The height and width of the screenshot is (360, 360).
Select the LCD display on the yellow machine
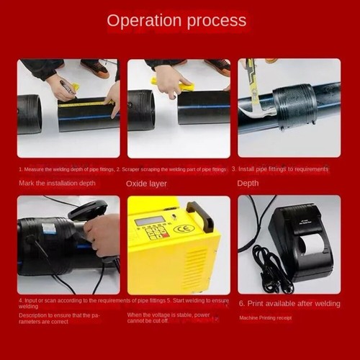click(149, 220)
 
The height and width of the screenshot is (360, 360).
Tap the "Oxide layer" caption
click(146, 184)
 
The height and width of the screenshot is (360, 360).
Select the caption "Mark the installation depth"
click(57, 183)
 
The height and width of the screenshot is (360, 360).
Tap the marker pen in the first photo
click(68, 89)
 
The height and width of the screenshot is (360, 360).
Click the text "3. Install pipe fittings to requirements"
click(279, 168)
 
